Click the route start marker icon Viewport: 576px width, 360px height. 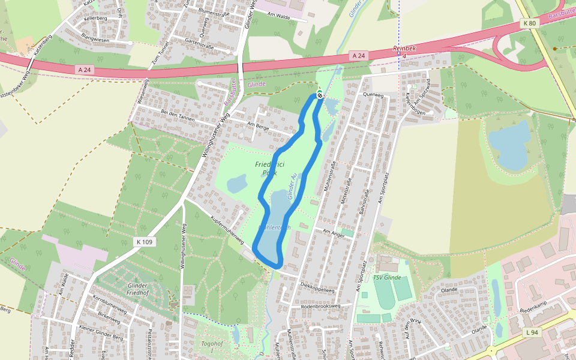coord(320,95)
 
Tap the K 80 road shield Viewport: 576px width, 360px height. coord(529,23)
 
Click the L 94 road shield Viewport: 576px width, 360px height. coord(532,332)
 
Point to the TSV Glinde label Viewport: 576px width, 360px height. coord(386,277)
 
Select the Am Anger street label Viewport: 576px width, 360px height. coord(334,233)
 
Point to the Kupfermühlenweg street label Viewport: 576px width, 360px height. coord(226,231)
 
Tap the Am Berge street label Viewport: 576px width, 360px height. coord(259,126)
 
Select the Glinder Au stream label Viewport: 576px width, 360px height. coord(292,187)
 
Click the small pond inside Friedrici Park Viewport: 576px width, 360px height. coord(238,182)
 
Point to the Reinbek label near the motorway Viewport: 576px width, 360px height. coord(403,48)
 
